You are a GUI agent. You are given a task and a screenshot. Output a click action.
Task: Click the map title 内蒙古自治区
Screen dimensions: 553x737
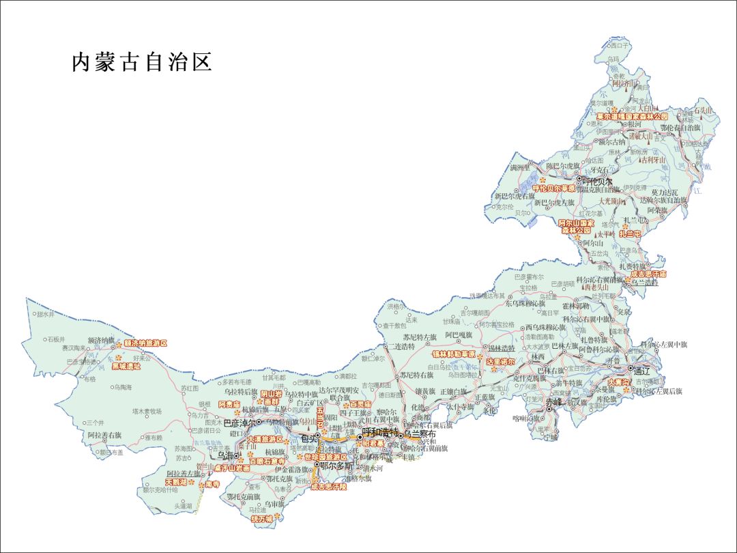pos(142,62)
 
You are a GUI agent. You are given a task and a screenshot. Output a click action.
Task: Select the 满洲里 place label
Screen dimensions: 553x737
pos(523,167)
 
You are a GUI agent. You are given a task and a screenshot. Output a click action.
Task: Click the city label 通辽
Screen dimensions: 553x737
pos(642,372)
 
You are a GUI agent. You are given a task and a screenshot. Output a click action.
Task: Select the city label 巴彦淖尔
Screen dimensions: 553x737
pos(240,423)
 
